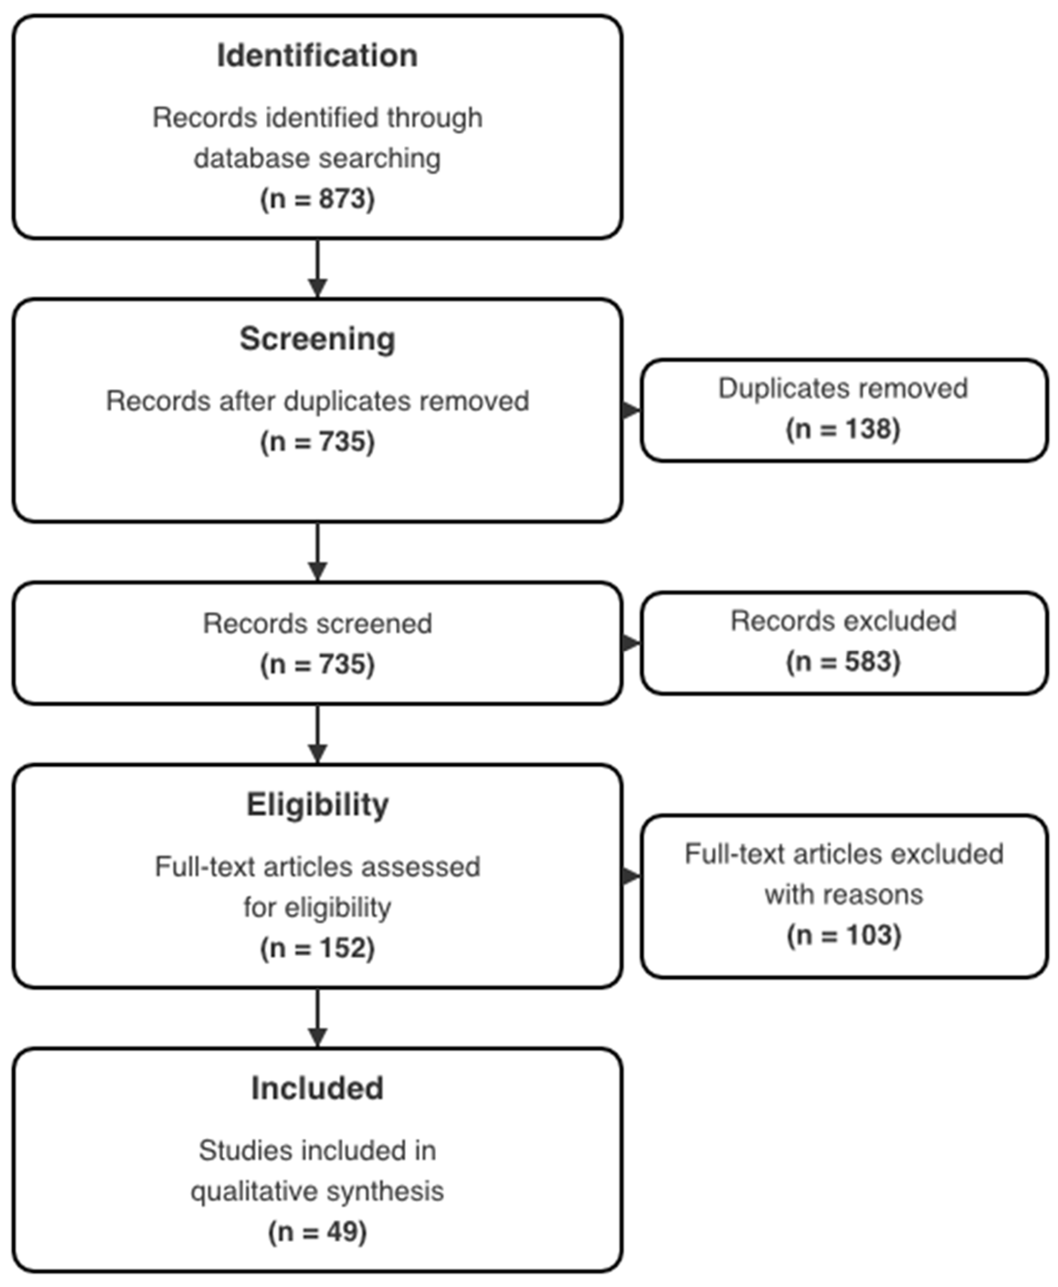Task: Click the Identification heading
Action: pos(317,56)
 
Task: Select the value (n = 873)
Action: pos(317,199)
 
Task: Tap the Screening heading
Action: pos(317,339)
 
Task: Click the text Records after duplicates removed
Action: pos(317,401)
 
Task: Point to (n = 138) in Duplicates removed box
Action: pos(842,429)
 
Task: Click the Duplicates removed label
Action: pos(842,389)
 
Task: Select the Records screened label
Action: pos(317,623)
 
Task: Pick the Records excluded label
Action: pos(843,621)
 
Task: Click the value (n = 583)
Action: pos(842,661)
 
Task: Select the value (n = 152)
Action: pos(317,948)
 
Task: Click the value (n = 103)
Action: pos(843,935)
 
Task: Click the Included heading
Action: pos(317,1088)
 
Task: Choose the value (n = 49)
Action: pos(317,1231)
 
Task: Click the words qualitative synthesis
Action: pos(317,1191)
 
